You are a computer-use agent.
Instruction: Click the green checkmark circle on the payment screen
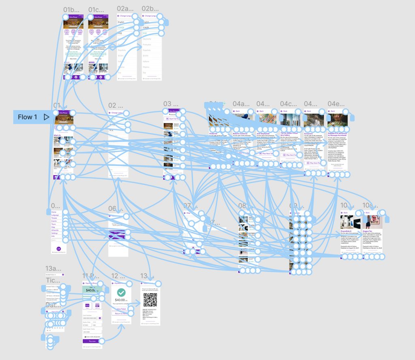(121, 293)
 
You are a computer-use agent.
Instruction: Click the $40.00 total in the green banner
(91, 289)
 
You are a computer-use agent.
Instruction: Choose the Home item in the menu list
(54, 212)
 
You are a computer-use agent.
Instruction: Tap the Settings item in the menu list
(55, 234)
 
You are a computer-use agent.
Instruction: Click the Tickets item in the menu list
(54, 218)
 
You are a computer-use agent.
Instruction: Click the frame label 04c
(288, 104)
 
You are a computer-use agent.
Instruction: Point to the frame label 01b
(71, 9)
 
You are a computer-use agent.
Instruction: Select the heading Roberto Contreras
(240, 133)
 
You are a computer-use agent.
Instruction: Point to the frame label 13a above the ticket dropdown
(53, 268)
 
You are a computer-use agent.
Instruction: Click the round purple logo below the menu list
(58, 248)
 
